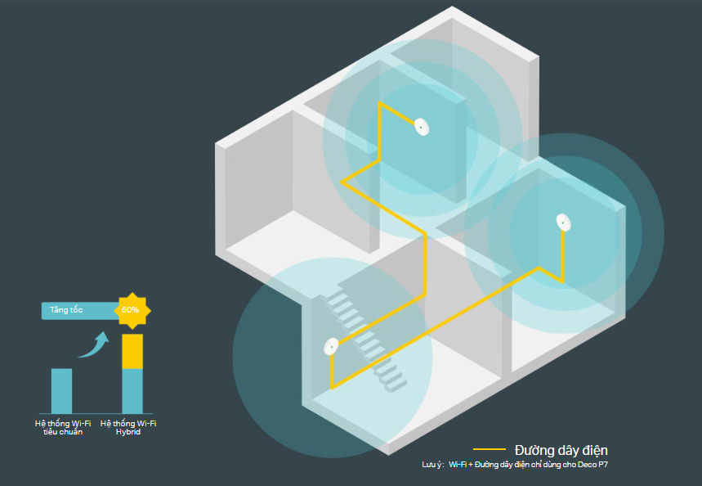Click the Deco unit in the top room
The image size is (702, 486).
[421, 127]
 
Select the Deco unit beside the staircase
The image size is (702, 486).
[331, 348]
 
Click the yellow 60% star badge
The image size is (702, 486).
[131, 310]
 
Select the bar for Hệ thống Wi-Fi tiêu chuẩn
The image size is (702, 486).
[61, 390]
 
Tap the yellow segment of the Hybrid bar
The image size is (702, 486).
[132, 351]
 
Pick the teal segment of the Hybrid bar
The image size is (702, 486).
[132, 390]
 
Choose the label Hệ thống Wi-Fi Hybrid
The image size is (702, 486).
[128, 427]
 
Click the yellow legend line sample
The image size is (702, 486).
[489, 449]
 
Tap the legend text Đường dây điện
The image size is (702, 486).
[561, 450]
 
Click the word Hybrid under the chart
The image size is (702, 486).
[128, 432]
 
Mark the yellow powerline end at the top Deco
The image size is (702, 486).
[381, 106]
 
